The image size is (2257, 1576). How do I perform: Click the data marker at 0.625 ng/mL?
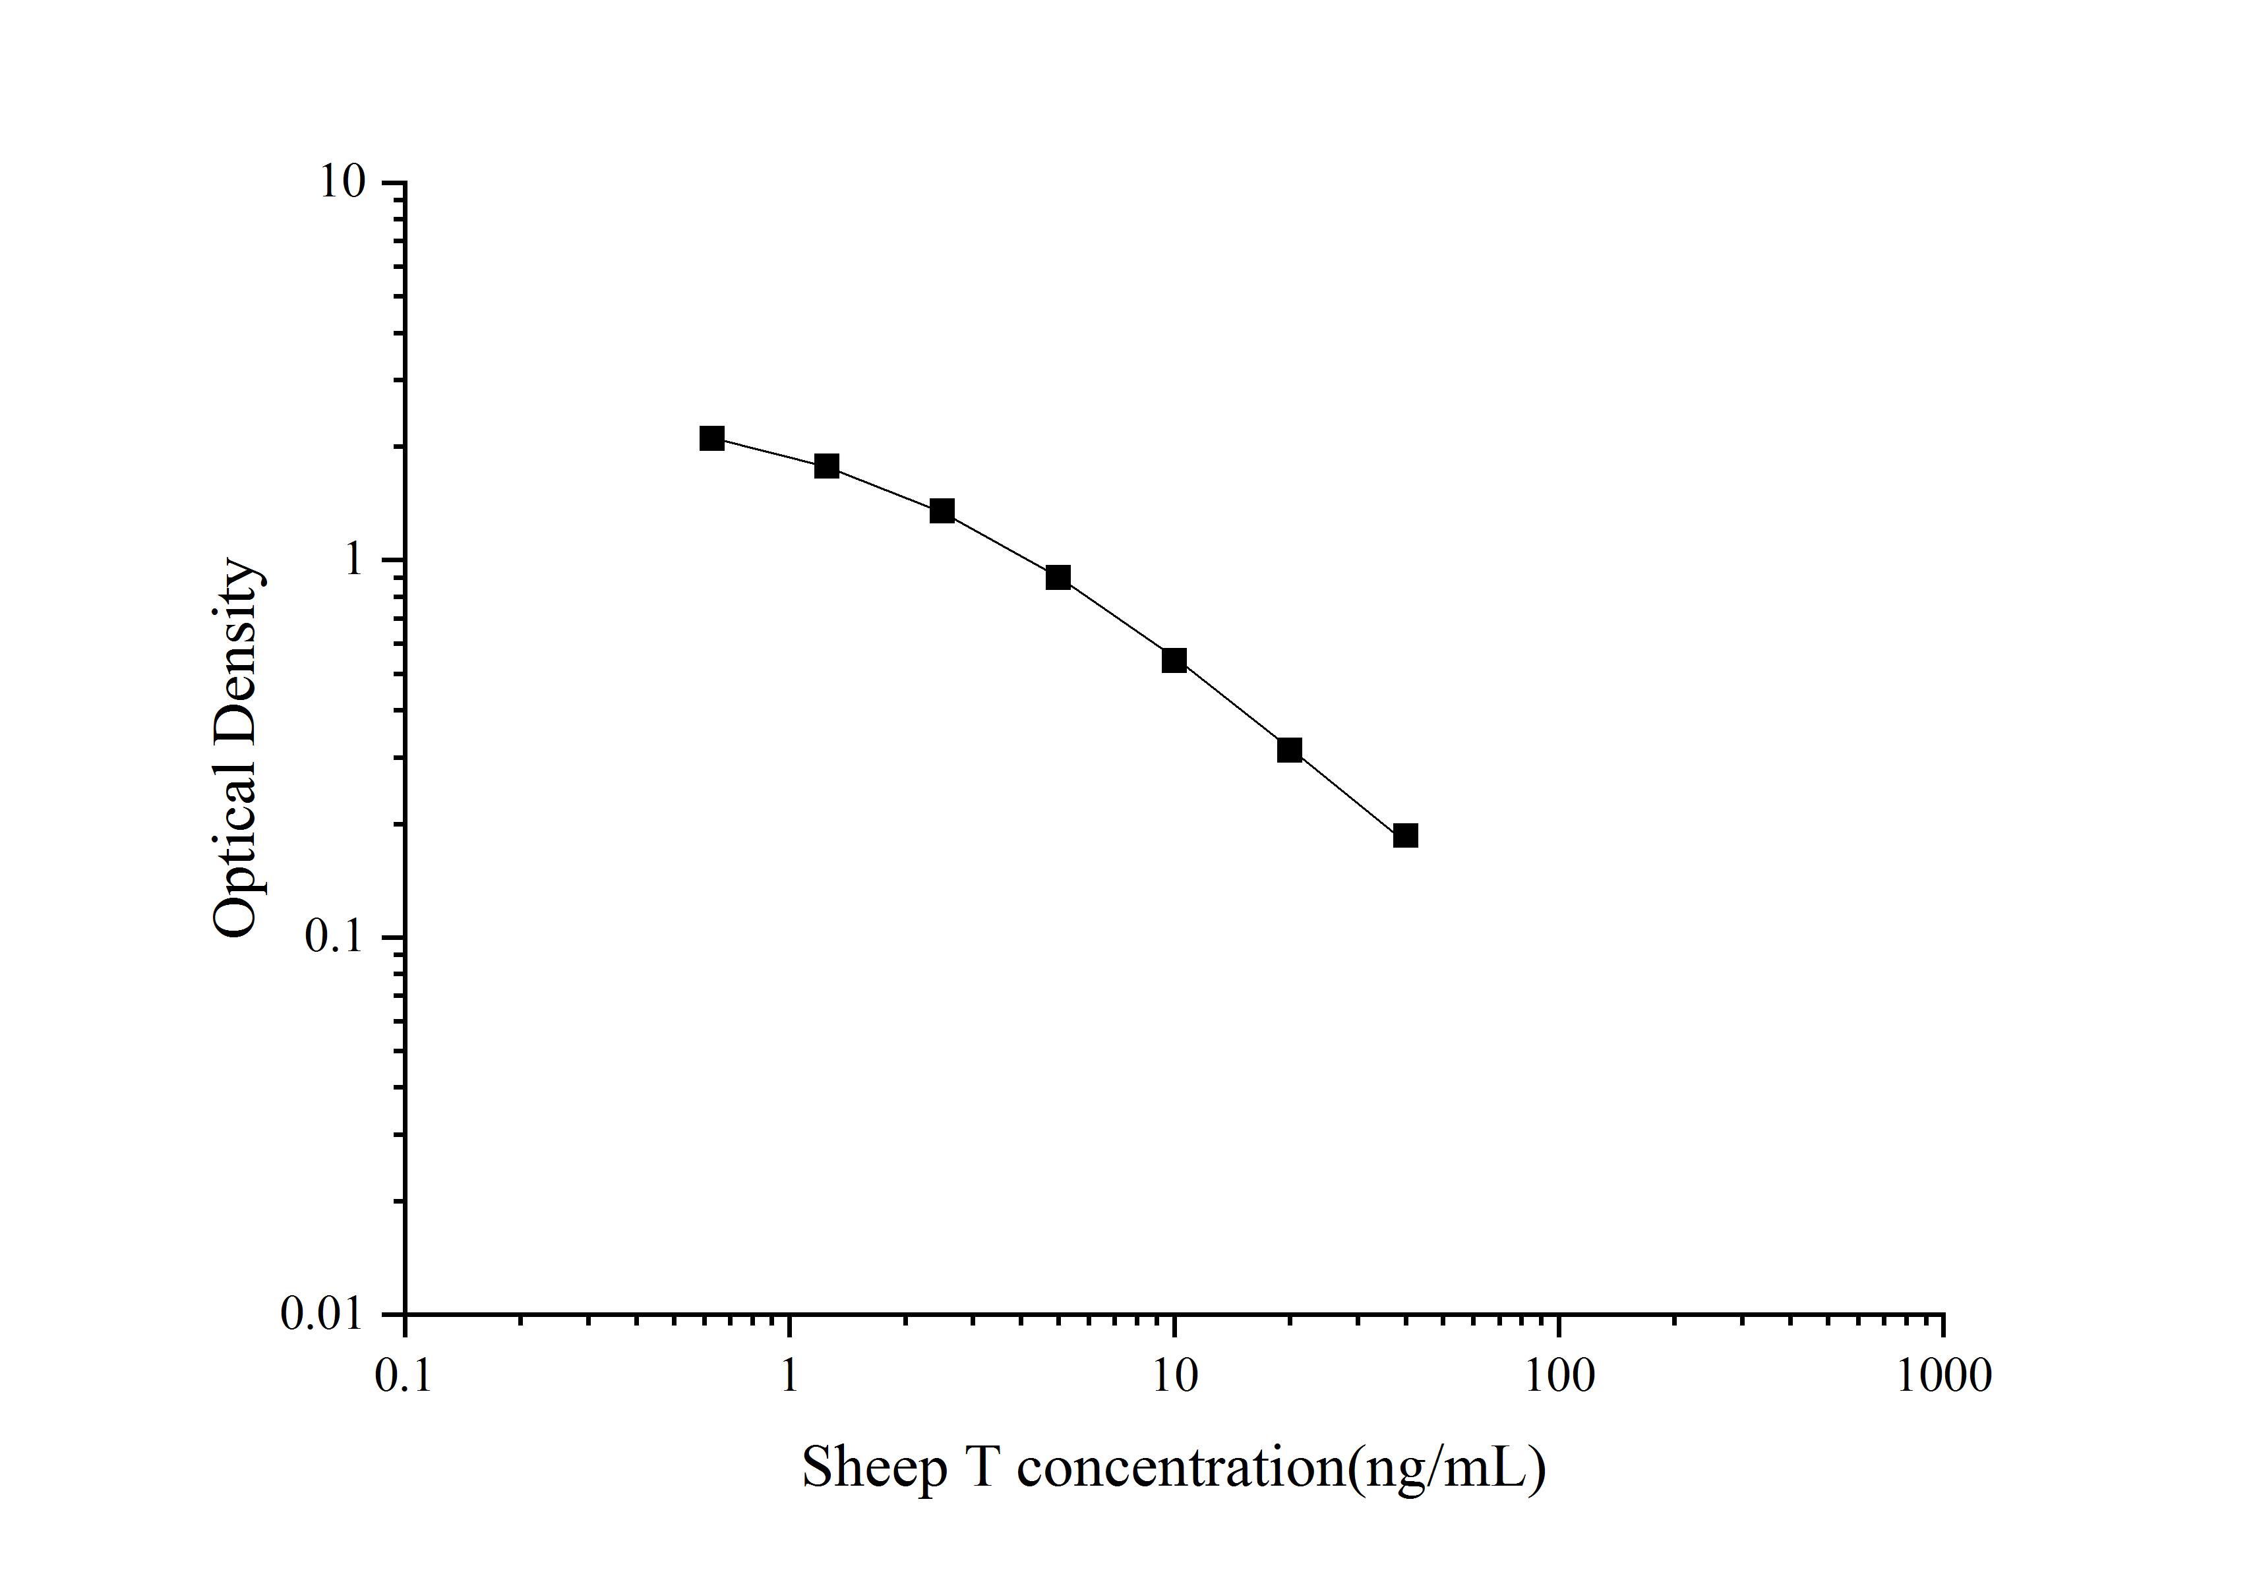pos(711,438)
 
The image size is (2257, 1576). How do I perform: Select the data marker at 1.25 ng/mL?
pos(827,466)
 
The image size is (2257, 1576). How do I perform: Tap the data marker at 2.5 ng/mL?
pos(942,511)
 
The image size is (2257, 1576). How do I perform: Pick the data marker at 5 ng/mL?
pos(1058,577)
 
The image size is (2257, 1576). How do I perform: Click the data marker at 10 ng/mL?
pos(1174,660)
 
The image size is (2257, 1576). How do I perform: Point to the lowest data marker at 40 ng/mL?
pos(1406,835)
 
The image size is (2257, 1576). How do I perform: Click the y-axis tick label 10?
pos(341,182)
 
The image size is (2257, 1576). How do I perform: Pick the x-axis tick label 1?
pos(789,1376)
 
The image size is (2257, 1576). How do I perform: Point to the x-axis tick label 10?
pos(1174,1376)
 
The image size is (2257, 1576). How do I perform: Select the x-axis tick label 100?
pos(1559,1376)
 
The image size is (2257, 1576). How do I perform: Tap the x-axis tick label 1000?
pos(1943,1376)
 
